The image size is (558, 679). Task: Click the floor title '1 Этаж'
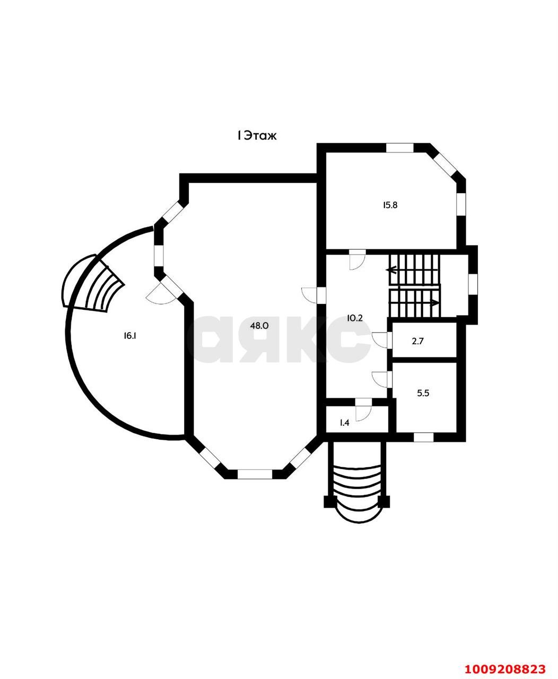257,136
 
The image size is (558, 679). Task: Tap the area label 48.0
259,326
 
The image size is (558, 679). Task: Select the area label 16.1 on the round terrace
130,336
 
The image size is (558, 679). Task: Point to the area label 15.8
390,205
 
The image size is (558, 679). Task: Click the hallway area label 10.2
355,318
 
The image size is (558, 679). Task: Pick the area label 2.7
417,341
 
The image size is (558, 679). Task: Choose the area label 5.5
423,393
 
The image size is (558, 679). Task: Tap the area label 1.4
345,423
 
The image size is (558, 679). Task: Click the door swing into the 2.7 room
380,340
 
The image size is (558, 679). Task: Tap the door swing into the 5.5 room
380,379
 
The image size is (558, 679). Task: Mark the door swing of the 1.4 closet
363,413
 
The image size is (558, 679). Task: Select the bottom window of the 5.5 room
423,437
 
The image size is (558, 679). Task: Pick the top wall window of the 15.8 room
399,148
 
